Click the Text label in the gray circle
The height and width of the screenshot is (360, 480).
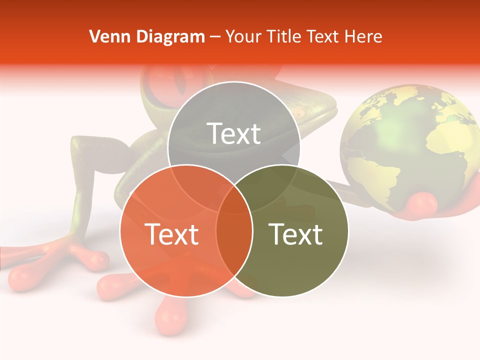(234, 133)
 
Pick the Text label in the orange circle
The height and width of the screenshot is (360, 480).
(171, 234)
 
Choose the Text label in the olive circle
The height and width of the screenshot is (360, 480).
(295, 234)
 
